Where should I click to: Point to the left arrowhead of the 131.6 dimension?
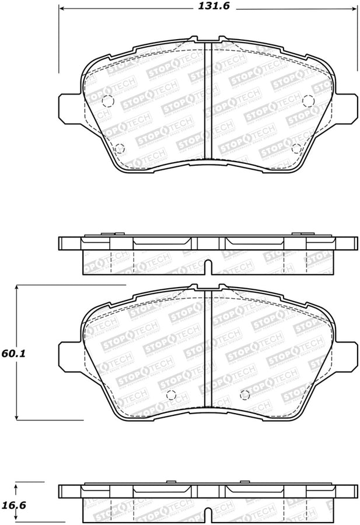click(x=61, y=8)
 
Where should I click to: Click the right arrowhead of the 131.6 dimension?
click(x=355, y=8)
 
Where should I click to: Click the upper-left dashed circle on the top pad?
click(x=107, y=101)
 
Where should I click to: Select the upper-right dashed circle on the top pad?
click(x=308, y=101)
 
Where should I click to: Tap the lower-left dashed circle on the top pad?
click(x=120, y=148)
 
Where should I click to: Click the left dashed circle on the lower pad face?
click(x=170, y=394)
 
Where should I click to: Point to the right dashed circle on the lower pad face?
click(x=245, y=394)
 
